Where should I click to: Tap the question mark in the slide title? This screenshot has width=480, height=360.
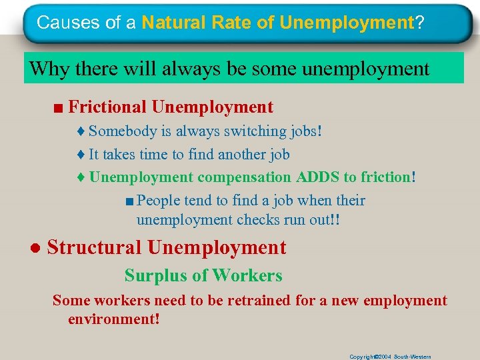(x=419, y=23)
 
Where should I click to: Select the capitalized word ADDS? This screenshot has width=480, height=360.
(x=318, y=177)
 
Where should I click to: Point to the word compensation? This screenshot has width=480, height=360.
(x=244, y=177)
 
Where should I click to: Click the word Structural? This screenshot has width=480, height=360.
(x=94, y=247)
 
